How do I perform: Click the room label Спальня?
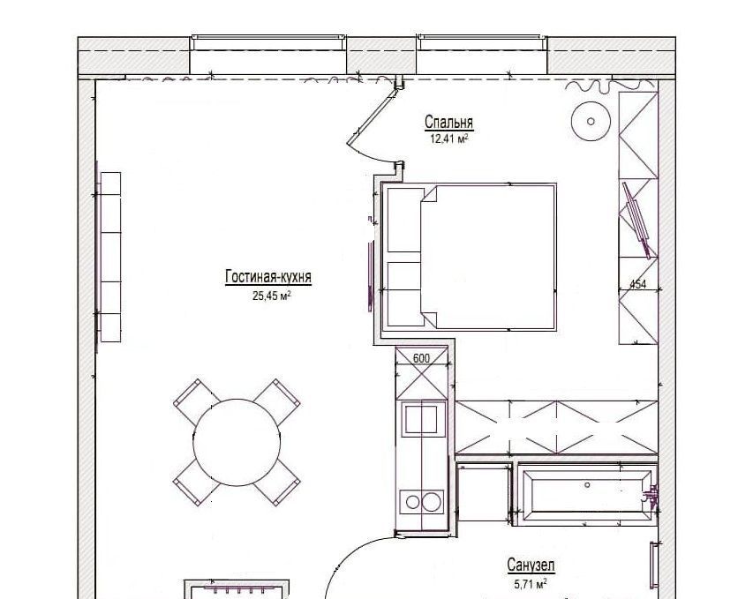coord(449,123)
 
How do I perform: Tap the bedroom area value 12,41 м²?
coord(449,139)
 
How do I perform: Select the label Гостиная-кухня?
coord(268,277)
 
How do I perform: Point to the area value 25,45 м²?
coord(272,296)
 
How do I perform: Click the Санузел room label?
coord(531,565)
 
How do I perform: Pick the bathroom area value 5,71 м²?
coord(531,584)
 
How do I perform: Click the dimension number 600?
coord(421,358)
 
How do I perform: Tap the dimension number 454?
coord(637,284)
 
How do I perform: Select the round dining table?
coord(237,442)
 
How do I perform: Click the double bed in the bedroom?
coord(470,258)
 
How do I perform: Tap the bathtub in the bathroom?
coord(585,494)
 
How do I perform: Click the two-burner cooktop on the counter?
coord(422,502)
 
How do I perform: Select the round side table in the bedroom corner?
coord(591,122)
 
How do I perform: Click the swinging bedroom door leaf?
coord(373,117)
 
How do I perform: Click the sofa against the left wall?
coord(109,258)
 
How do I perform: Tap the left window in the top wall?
coord(268,42)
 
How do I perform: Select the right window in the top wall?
coord(482,42)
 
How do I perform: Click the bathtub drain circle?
coord(587,485)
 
